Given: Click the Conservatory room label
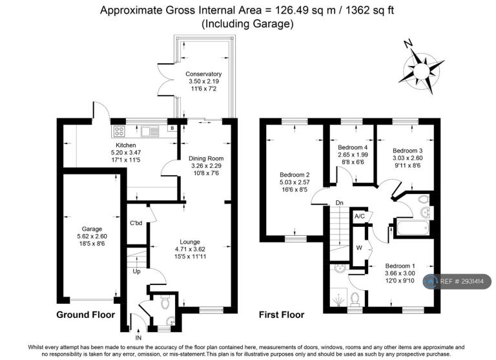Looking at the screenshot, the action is (203, 74).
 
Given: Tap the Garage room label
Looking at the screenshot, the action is (92, 229).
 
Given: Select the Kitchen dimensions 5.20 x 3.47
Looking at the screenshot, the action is (126, 153).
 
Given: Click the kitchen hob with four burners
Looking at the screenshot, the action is (119, 131).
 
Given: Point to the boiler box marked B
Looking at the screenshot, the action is (172, 128).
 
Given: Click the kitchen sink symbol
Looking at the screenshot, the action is (150, 131).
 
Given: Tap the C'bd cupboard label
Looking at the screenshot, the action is (136, 223).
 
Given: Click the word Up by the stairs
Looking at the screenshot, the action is (136, 271).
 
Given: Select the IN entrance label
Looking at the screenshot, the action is (138, 338).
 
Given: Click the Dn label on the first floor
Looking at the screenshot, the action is (340, 203).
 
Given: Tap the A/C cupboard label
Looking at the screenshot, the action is (359, 217).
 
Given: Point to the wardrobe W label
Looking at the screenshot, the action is (359, 248).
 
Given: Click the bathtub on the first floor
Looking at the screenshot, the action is (413, 228).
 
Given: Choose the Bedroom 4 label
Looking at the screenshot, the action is (353, 147).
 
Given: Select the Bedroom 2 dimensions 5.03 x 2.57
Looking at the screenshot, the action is (294, 182).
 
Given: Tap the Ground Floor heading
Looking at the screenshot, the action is (85, 315).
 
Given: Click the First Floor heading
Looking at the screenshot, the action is (282, 315).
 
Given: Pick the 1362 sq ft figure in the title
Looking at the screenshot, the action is (370, 10).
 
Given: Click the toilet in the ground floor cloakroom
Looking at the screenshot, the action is (165, 302).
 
